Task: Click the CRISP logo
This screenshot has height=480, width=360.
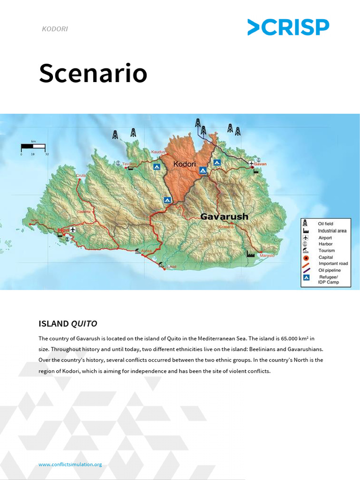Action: point(288,27)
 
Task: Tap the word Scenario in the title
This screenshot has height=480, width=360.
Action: point(93,74)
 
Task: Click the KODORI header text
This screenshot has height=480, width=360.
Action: point(55,29)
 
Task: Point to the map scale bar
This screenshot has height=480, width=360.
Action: point(33,147)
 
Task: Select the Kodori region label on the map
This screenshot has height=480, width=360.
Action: point(184,165)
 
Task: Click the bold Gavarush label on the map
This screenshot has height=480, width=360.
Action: point(224,217)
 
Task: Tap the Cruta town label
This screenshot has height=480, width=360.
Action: point(81,175)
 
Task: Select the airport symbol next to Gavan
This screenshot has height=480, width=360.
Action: point(252,163)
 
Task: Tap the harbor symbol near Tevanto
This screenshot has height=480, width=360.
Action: point(119,163)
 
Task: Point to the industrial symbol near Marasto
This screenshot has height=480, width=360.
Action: point(251,254)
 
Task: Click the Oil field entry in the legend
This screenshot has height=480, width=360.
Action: point(325,224)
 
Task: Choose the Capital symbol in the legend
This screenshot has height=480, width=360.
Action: point(306,257)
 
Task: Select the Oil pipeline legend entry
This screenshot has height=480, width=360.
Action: point(329,270)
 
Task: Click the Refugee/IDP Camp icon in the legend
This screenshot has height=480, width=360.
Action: point(306,278)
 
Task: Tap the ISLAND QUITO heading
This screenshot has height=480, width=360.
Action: point(68,323)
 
